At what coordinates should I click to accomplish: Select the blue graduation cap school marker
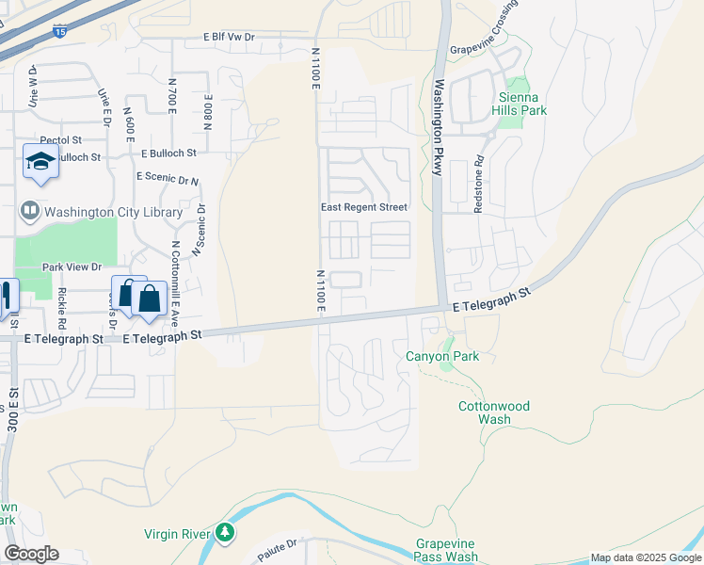[x=40, y=162]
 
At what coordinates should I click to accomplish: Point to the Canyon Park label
[x=442, y=356]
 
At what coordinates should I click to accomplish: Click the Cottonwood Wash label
[x=494, y=412]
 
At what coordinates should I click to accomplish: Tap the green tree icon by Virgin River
[x=224, y=533]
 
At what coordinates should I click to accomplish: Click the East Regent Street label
[x=363, y=207]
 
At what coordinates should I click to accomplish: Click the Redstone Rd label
[x=479, y=184]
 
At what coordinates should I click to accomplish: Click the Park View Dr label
[x=70, y=267]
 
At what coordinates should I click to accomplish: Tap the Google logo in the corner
[x=31, y=554]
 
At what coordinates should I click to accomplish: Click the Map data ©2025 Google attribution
[x=646, y=557]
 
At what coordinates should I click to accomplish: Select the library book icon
[x=29, y=210]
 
